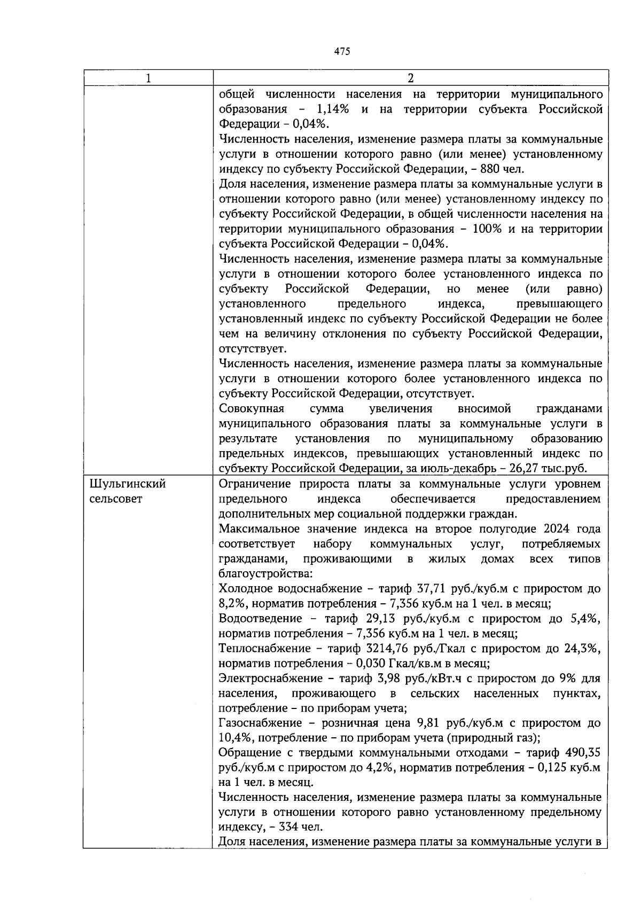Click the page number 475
342,51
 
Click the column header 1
148,78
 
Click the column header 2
410,78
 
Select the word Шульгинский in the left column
127,484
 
